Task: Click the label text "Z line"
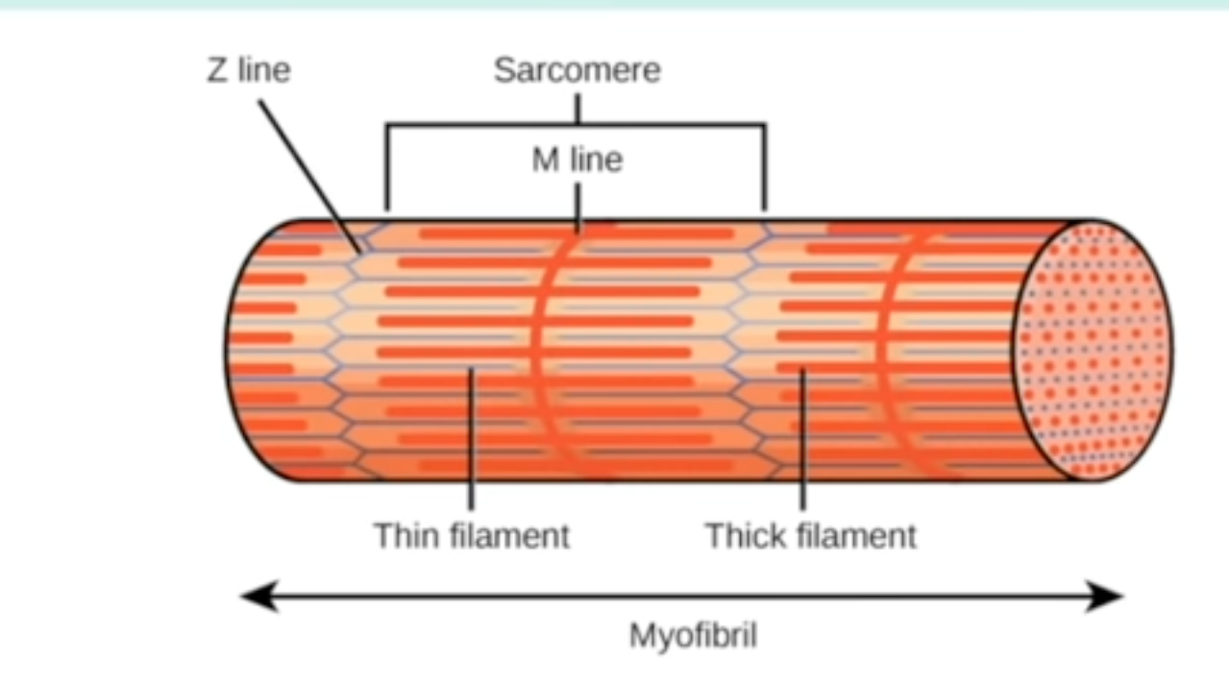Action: coord(248,70)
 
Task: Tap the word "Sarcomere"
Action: coord(577,70)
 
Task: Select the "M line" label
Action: coord(577,159)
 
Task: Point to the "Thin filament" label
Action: coord(471,535)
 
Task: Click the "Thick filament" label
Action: coord(811,535)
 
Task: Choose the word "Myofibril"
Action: coord(692,636)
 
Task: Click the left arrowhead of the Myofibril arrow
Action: coord(252,597)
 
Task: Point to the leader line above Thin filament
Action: coord(471,442)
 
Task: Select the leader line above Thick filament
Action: coord(802,442)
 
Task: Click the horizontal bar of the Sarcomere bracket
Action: coord(480,124)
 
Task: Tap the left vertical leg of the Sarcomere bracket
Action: coord(386,168)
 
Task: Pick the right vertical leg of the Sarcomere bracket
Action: coord(765,168)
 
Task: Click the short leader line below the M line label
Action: coord(578,207)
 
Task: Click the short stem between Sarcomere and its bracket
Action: coord(578,108)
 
